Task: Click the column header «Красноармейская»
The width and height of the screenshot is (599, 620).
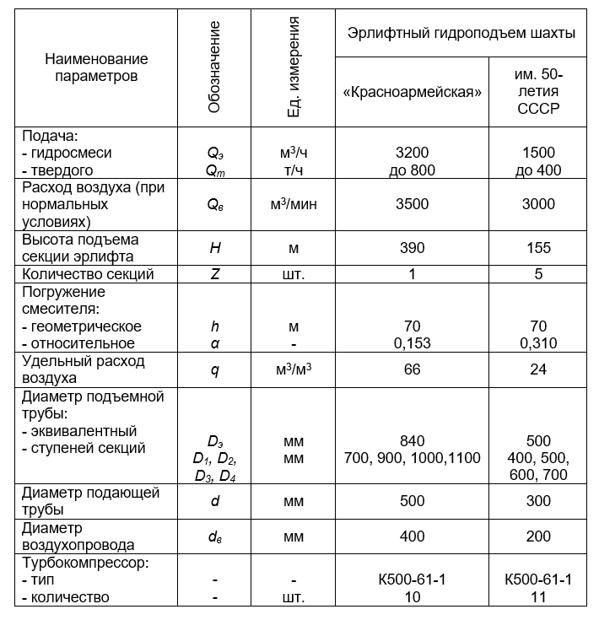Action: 412,92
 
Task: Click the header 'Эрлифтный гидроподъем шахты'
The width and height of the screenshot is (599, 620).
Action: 461,34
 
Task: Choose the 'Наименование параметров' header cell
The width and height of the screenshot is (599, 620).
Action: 95,67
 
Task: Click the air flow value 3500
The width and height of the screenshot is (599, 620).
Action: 412,204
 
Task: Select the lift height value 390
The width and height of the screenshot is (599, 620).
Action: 412,248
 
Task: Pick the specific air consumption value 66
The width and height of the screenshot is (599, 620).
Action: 412,369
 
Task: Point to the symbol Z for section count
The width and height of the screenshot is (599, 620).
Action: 214,274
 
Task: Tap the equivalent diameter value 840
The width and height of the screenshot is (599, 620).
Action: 412,441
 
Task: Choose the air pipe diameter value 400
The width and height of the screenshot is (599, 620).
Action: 412,536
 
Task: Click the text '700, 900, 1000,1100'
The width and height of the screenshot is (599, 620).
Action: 412,458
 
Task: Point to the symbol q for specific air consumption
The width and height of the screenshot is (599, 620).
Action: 214,369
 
